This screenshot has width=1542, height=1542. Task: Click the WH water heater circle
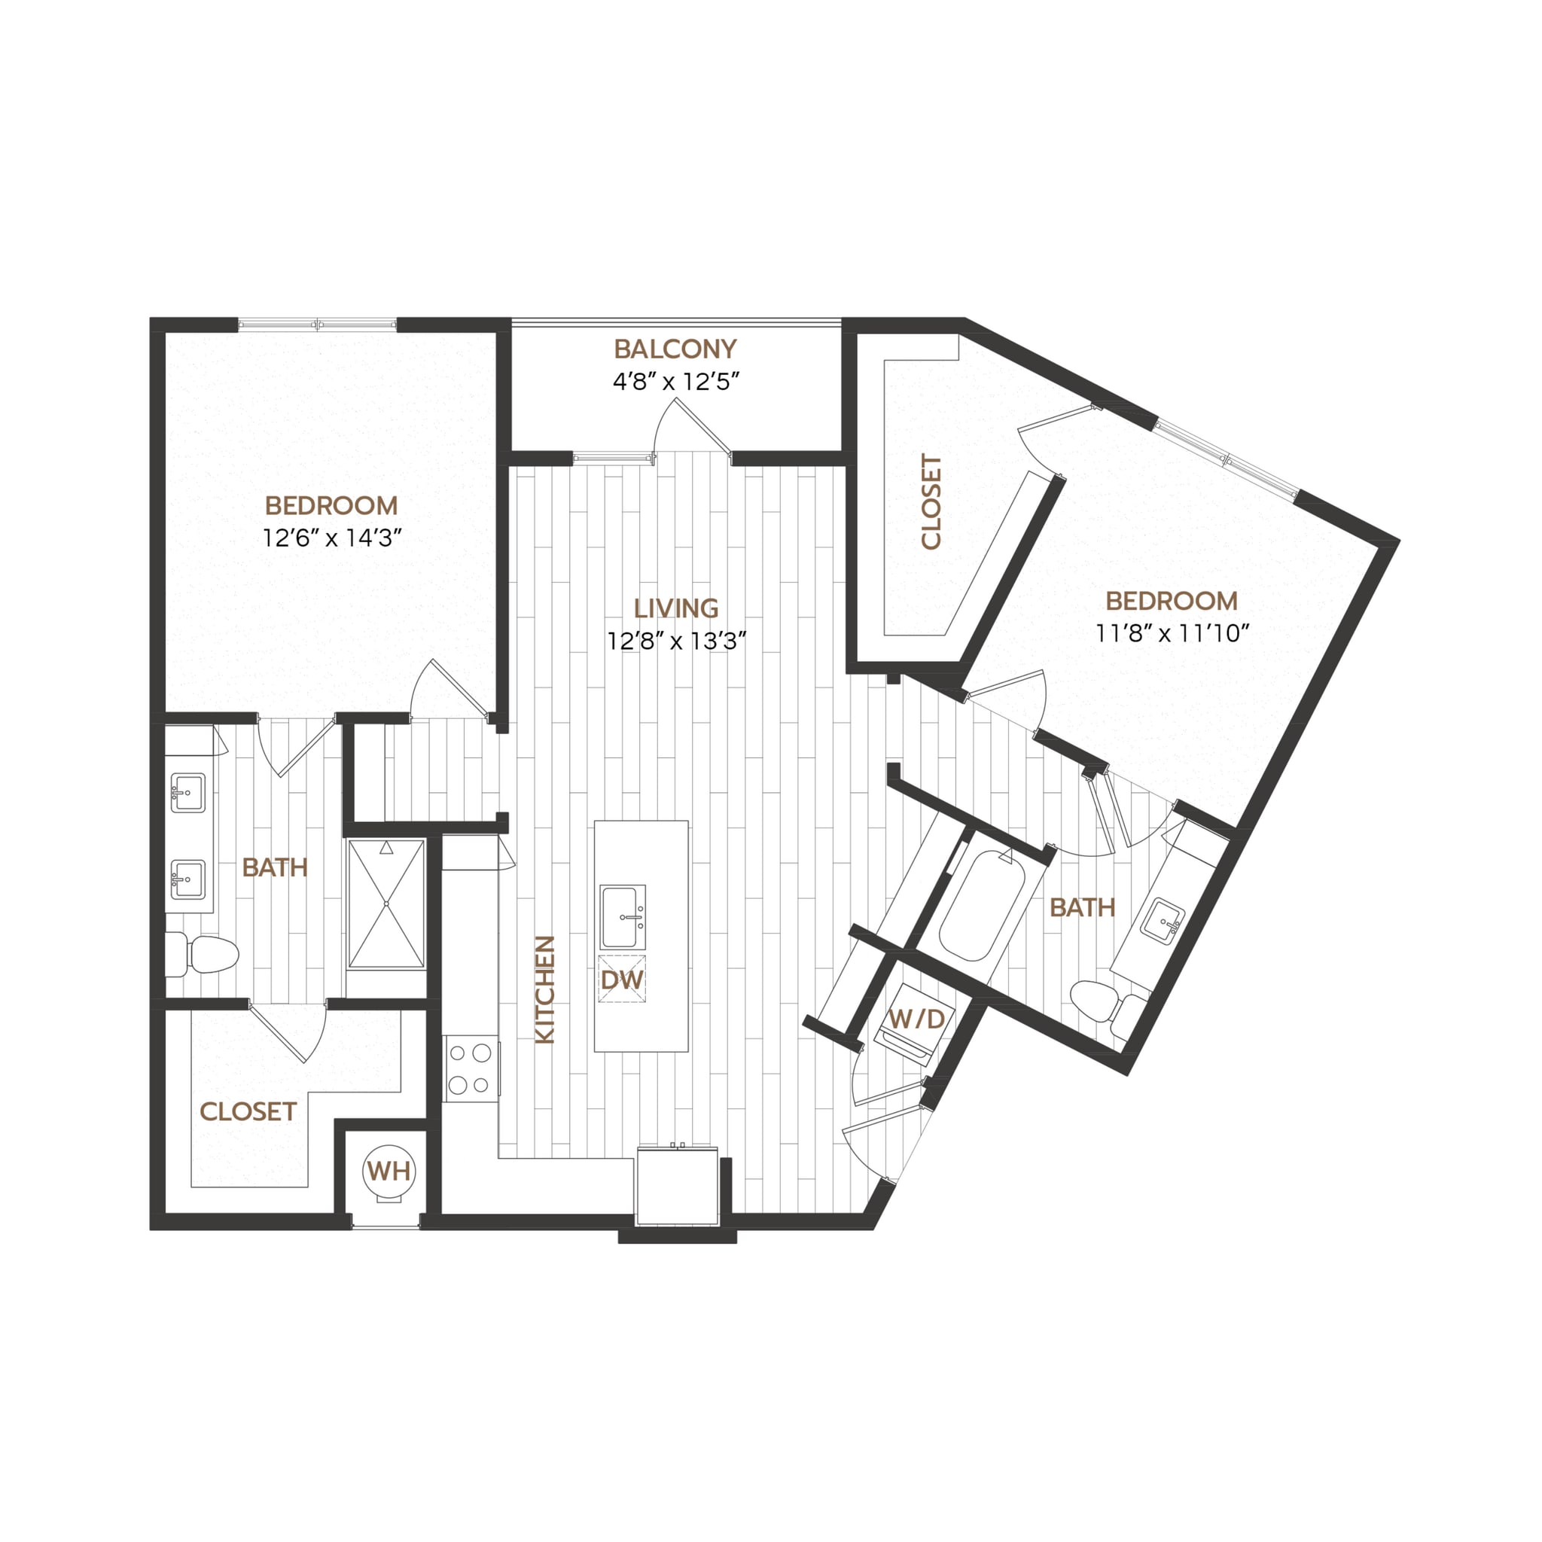(389, 1171)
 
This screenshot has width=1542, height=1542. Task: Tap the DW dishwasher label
(622, 980)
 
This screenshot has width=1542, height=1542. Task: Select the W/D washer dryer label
(916, 1019)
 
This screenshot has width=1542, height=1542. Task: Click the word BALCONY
(675, 349)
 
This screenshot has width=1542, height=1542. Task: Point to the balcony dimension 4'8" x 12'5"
(675, 382)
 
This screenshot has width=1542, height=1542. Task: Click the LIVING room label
(676, 608)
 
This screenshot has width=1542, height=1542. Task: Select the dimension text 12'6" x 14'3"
(331, 538)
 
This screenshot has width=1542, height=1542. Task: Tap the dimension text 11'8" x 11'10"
(1171, 634)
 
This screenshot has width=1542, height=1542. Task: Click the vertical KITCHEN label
(544, 989)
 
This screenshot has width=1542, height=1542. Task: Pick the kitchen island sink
(623, 916)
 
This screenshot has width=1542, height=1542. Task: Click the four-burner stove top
(470, 1068)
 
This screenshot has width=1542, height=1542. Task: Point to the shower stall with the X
(386, 904)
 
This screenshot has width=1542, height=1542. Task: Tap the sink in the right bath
(1162, 922)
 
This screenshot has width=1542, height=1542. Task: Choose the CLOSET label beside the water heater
(248, 1111)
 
